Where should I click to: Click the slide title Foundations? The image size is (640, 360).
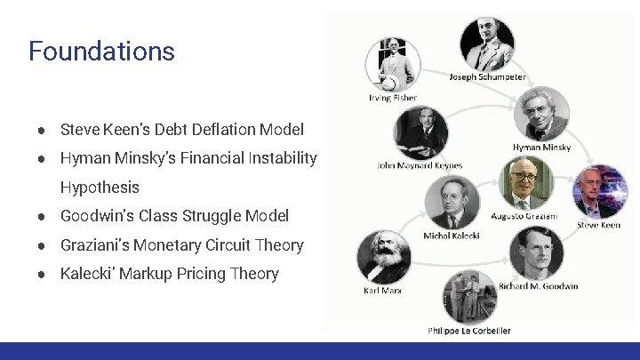pos(101,51)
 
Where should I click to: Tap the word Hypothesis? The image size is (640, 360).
pos(100,188)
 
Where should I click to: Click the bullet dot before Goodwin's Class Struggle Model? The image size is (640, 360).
pos(42,216)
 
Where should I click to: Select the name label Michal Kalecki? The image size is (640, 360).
pos(452,236)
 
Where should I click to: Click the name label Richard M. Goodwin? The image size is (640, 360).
pos(539,286)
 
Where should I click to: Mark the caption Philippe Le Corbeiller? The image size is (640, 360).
pos(469,331)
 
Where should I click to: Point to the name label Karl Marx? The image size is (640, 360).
pos(384,291)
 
